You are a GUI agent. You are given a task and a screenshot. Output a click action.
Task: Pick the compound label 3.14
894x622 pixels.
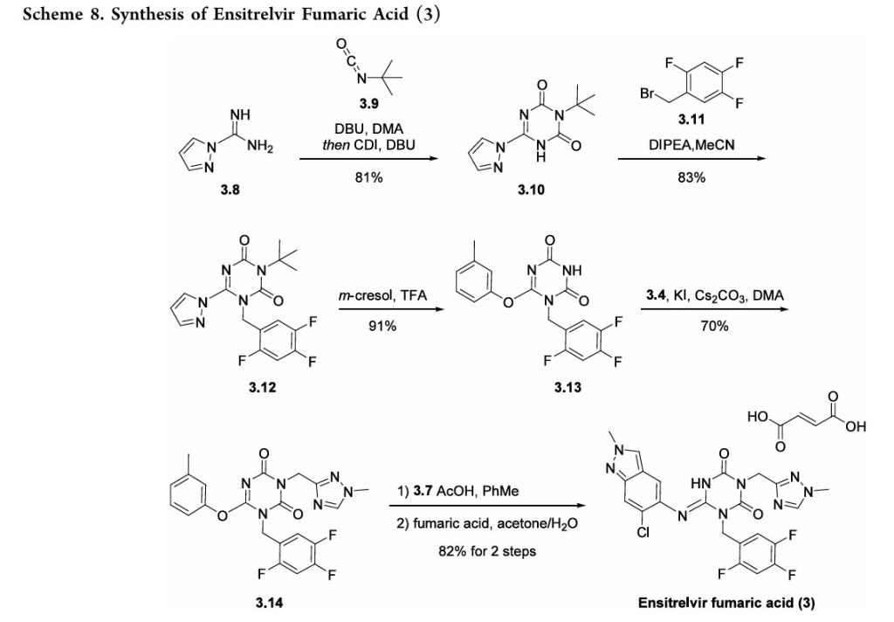point(265,603)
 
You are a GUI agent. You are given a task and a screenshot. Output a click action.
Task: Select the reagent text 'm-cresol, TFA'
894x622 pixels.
point(382,297)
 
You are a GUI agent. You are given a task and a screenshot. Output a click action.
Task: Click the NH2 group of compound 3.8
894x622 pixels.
point(261,146)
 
